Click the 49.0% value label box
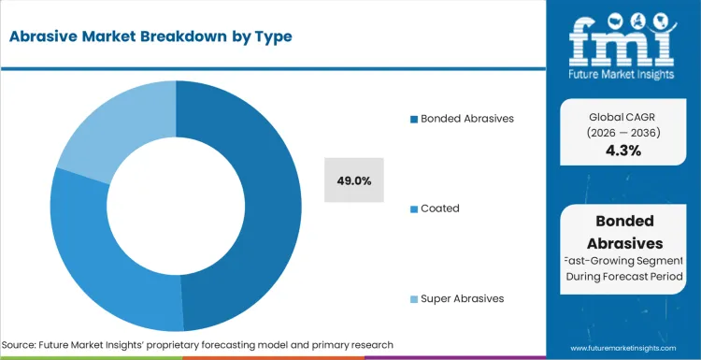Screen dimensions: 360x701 point(355,180)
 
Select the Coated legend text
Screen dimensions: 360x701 point(439,209)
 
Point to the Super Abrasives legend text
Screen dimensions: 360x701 point(462,298)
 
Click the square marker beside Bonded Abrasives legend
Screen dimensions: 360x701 point(414,120)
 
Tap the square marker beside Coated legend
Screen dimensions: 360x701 point(414,209)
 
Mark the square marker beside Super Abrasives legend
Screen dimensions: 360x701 point(414,299)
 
